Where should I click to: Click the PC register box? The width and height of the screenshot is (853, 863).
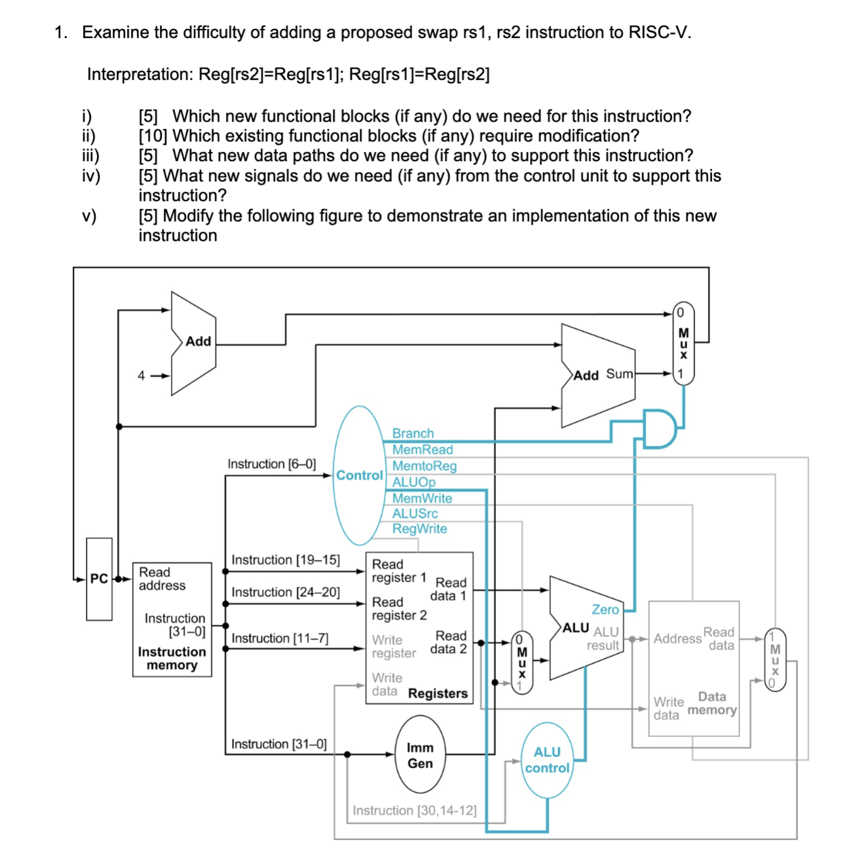pos(99,579)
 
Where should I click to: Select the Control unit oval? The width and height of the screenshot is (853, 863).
pos(358,475)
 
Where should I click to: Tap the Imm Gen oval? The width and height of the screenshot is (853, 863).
pos(420,755)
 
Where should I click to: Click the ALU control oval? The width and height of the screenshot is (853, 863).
pos(547,760)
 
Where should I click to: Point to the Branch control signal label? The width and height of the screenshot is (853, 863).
pos(413,433)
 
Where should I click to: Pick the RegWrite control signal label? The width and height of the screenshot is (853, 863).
pos(419,529)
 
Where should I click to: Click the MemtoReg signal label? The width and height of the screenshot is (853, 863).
pos(424,466)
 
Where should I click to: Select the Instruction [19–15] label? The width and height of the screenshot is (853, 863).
pos(286,560)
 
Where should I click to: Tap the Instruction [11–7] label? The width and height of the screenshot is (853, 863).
pos(280,638)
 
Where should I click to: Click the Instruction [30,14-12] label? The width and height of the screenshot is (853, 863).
pos(414,811)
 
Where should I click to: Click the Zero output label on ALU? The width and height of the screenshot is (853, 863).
pos(605,610)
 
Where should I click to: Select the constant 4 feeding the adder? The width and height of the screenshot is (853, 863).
pos(141,376)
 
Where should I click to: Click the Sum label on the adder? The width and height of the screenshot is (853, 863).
pos(619,374)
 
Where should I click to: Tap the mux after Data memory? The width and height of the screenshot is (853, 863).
pos(775,660)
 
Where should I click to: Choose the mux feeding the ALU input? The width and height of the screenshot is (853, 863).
pos(521,663)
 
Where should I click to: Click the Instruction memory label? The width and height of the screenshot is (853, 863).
pos(172,659)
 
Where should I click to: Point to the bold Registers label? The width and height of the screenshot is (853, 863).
pos(438,693)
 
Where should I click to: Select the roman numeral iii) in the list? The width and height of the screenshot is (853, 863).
pos(90,156)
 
